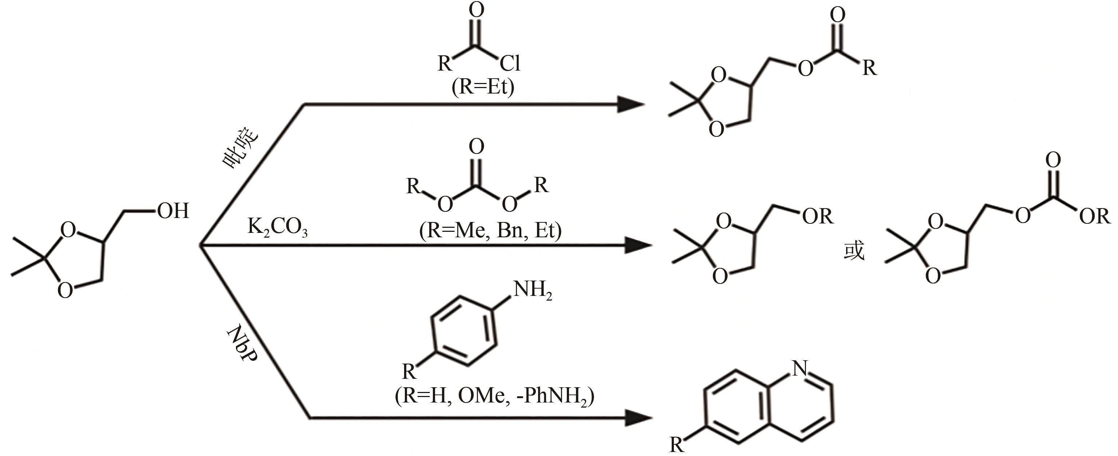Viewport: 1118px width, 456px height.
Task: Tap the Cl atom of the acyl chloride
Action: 510,63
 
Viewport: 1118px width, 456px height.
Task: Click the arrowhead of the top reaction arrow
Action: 631,104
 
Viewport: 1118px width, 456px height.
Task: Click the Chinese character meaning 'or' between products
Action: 854,251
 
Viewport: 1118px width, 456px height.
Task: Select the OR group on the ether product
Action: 818,216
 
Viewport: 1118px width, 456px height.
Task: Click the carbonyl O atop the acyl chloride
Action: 477,10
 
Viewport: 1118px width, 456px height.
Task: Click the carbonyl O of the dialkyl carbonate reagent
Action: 477,147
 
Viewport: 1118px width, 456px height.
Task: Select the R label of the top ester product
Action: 869,68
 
